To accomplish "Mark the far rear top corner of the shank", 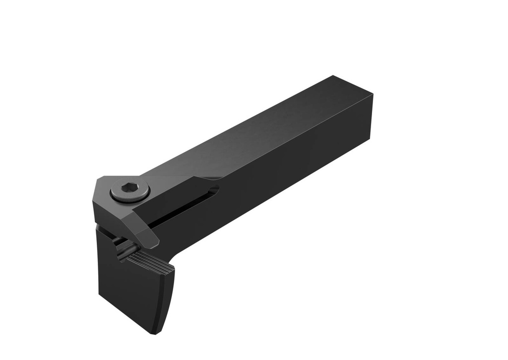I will (333, 76).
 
